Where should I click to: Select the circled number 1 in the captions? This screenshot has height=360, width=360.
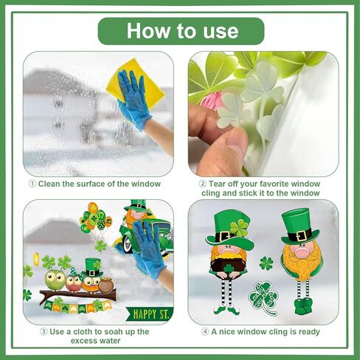(32, 184)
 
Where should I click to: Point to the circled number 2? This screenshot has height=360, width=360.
(203, 184)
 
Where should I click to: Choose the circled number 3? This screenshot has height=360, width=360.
(32, 332)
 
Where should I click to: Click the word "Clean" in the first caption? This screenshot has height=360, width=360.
(51, 184)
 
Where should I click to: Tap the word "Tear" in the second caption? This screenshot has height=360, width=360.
(221, 184)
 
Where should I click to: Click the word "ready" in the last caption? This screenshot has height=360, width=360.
(308, 332)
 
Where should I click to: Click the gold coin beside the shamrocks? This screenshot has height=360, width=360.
(35, 259)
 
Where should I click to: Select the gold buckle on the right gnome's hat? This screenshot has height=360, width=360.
(300, 235)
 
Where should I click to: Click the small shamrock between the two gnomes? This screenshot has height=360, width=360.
(266, 263)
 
